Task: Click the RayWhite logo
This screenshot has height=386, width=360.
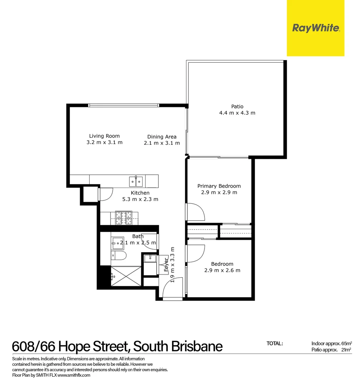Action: click(316, 28)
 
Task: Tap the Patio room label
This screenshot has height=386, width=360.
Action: click(237, 107)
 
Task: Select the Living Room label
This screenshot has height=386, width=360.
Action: click(104, 136)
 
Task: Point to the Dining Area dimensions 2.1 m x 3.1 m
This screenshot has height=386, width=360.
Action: click(162, 143)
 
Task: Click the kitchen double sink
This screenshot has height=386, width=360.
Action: click(136, 181)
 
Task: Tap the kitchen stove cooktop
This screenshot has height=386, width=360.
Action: click(124, 218)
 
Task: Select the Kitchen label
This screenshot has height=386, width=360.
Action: click(140, 193)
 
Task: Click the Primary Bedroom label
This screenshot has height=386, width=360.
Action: click(219, 186)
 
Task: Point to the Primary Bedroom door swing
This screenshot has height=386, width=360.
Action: click(196, 212)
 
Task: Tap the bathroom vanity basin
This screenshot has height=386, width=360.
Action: click(117, 243)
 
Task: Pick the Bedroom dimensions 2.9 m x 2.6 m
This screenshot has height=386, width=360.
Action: click(222, 271)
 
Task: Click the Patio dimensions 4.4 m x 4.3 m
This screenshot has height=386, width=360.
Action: click(237, 113)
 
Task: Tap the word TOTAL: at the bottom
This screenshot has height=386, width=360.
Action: click(275, 343)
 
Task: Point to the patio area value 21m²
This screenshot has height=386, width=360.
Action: click(345, 350)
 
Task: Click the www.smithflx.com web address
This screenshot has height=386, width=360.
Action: click(74, 375)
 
